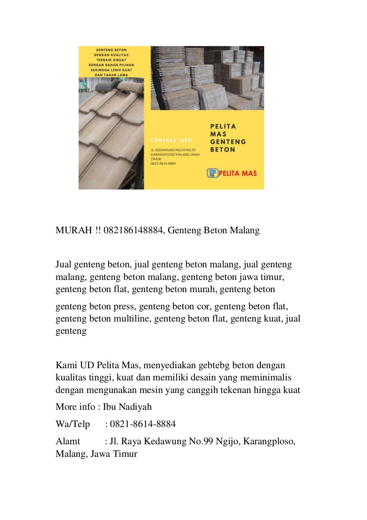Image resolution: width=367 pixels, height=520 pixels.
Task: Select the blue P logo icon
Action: [x=213, y=173]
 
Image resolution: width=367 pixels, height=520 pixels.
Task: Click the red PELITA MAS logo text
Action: [x=238, y=173]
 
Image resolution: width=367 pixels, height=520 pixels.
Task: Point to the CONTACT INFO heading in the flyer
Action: [x=171, y=140]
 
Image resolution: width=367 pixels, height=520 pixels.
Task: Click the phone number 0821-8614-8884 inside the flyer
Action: [x=163, y=163]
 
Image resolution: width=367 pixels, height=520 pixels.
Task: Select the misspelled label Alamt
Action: [x=68, y=441]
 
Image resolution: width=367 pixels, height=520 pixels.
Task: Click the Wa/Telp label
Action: [x=73, y=424]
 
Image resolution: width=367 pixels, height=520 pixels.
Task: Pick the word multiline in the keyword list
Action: [x=131, y=319]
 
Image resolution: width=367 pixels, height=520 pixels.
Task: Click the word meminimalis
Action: [x=266, y=378]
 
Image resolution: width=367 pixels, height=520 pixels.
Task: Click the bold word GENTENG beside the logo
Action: [x=228, y=142]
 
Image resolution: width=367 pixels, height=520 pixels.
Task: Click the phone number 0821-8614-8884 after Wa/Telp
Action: [x=143, y=424]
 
